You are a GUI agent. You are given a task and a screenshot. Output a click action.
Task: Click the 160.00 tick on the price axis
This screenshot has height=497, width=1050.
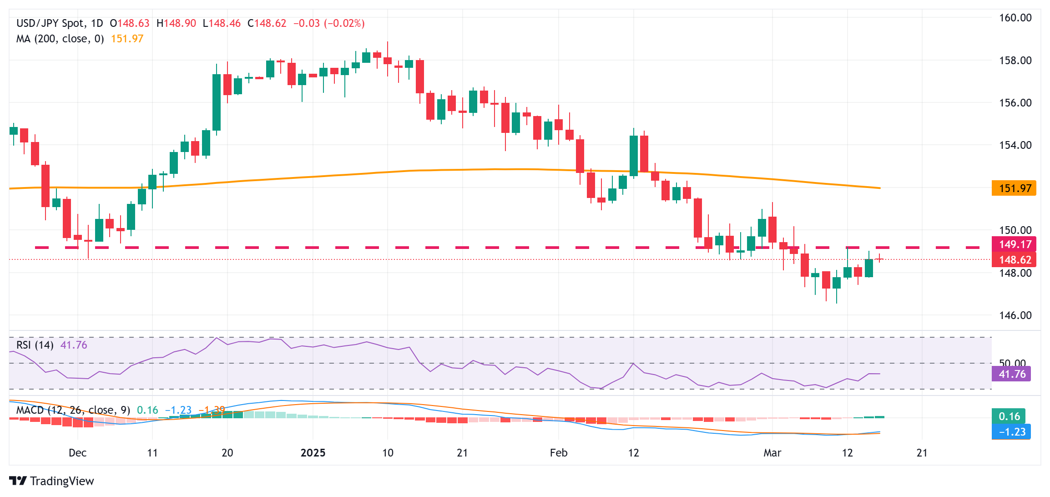click(x=1015, y=18)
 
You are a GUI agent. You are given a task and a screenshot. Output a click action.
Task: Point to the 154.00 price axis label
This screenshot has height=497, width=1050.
click(x=1015, y=145)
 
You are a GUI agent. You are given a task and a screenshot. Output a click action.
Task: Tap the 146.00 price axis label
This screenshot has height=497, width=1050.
click(x=1015, y=315)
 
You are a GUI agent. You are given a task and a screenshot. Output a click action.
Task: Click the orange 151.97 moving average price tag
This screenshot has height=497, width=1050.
click(x=1014, y=188)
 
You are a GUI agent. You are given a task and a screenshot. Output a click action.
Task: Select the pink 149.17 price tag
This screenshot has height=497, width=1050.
click(x=1014, y=244)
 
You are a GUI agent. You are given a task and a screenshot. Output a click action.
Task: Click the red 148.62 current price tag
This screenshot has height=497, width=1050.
click(x=1014, y=260)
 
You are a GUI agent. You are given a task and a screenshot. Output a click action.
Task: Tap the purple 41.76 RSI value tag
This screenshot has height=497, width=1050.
click(x=1011, y=374)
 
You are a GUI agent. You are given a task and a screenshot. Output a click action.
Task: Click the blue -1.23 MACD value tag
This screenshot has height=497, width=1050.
click(x=1011, y=432)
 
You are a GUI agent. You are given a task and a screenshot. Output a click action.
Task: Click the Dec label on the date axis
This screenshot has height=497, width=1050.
click(x=77, y=453)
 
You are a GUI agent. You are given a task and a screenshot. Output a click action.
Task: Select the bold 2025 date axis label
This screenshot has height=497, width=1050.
click(x=313, y=453)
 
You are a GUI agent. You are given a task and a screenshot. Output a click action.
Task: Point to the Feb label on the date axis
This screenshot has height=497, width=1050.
click(x=558, y=453)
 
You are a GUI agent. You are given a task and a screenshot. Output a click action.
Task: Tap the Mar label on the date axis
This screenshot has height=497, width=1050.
click(x=772, y=453)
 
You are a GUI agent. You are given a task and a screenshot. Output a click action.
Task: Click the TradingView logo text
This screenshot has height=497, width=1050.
click(x=61, y=481)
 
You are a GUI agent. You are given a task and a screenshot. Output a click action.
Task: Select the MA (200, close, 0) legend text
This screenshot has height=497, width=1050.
click(x=60, y=39)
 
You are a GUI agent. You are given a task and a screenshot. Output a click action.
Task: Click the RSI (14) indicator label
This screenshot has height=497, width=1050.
click(x=35, y=345)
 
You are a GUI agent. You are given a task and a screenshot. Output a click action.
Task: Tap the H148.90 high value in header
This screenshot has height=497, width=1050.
click(x=176, y=23)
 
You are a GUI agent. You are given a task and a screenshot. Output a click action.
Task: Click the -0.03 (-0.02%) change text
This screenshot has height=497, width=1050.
click(x=328, y=23)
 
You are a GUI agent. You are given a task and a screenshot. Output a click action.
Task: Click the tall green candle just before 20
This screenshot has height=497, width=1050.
click(x=217, y=102)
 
